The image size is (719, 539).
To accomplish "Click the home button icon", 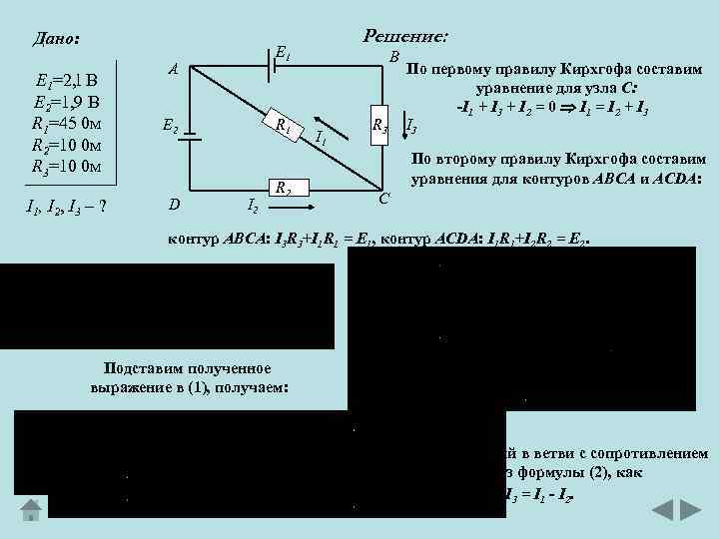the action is (33, 509).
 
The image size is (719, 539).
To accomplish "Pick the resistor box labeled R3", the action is (379, 125).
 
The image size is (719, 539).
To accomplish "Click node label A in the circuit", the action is (173, 70).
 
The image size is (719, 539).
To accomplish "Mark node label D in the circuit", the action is (175, 206).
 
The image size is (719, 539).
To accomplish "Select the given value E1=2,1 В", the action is (64, 81).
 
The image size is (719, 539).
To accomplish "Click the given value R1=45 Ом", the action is (64, 123).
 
